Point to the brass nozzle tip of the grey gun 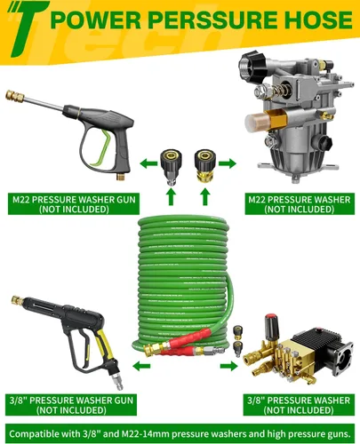[x=14, y=96]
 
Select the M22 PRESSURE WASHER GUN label [x=74, y=204]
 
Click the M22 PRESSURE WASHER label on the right [x=300, y=204]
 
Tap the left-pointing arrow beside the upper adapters [x=148, y=163]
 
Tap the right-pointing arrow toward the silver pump [x=228, y=163]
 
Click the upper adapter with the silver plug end [x=171, y=167]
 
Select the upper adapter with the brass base [x=204, y=165]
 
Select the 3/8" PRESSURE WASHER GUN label [x=71, y=405]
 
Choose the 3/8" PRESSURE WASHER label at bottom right [x=299, y=405]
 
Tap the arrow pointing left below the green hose [x=141, y=366]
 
